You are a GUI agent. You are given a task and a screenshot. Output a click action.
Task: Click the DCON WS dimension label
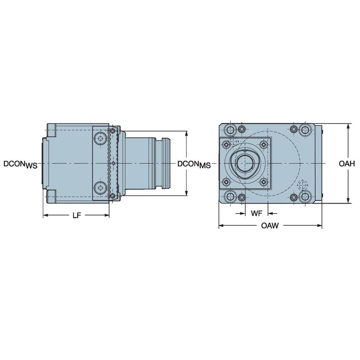pos(20,164)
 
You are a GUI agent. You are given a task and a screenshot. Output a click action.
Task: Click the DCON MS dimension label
pos(193,164)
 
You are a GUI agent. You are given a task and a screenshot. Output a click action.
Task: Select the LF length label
pos(76,215)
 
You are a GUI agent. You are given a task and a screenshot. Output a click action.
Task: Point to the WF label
pos(256,213)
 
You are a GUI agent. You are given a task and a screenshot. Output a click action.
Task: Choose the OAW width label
pos(270,226)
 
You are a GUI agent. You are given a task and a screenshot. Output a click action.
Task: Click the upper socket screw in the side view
pos(100,139)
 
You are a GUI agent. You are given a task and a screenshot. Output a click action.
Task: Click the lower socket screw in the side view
pos(100,187)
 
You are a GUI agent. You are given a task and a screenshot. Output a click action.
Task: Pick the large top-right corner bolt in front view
pos(304,129)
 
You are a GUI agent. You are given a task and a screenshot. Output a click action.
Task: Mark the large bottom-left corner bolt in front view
pos(231,197)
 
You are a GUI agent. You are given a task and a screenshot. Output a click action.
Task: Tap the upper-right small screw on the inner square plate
pos(263,145)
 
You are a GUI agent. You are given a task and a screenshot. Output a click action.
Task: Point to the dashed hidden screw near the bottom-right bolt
pos(302,185)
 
